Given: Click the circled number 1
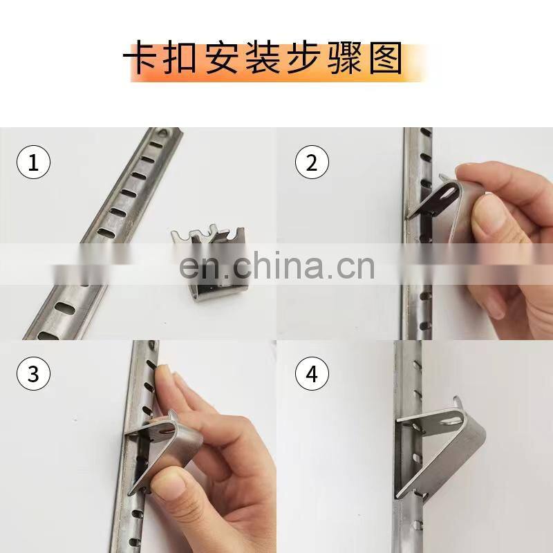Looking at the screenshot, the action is (x=33, y=162).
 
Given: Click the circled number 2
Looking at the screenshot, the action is (x=312, y=162).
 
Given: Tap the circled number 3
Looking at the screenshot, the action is (x=33, y=373).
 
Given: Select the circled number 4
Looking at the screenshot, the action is (x=312, y=373).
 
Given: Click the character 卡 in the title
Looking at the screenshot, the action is (x=141, y=57).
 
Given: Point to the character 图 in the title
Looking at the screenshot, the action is (x=386, y=57).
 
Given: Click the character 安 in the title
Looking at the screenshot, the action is (x=221, y=57).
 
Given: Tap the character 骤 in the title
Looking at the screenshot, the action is (x=344, y=57).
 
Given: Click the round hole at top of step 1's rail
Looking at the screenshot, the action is (x=162, y=133).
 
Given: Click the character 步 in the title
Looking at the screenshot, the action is (x=303, y=57).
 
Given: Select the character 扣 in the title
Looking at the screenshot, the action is (x=181, y=57).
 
